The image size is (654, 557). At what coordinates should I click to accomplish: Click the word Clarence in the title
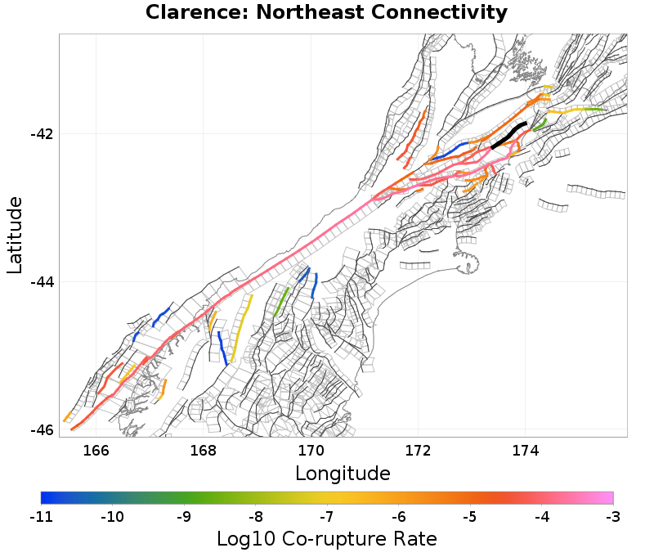tap(186, 13)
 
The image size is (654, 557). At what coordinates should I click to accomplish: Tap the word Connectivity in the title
tap(442, 13)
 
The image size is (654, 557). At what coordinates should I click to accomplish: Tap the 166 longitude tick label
tap(96, 450)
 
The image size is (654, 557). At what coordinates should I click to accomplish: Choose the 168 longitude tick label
tap(203, 450)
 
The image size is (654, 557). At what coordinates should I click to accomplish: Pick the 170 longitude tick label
tap(311, 450)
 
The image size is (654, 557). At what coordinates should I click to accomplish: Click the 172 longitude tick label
tap(418, 450)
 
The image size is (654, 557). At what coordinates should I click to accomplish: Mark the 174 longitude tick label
tap(525, 450)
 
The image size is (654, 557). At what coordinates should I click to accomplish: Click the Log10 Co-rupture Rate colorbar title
tap(326, 539)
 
